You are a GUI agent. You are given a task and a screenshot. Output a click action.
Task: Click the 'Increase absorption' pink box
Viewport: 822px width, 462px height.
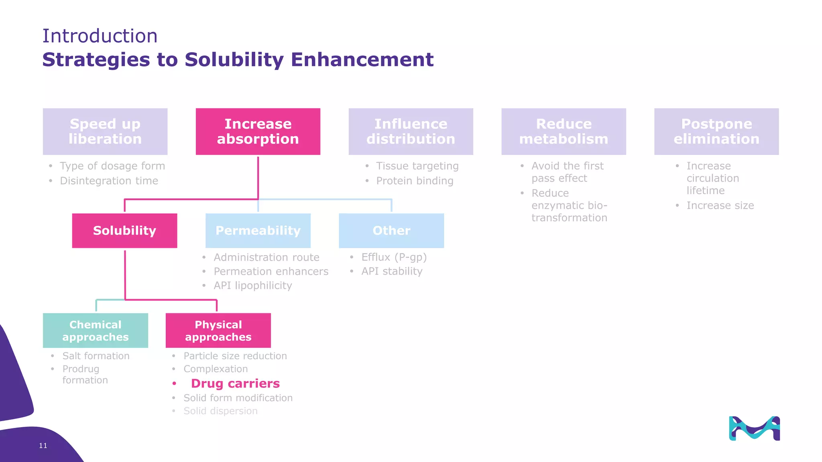(x=258, y=132)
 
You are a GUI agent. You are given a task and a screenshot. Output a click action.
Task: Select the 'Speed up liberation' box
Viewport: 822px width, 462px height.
(x=105, y=132)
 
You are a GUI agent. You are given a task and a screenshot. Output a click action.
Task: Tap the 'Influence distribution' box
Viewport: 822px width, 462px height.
(x=411, y=132)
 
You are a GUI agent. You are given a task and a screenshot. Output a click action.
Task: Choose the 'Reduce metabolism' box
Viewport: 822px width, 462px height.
(x=564, y=132)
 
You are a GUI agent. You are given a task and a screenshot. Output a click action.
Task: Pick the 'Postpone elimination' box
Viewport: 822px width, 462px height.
(x=716, y=132)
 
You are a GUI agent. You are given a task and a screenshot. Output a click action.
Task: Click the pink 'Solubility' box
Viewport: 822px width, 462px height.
(x=124, y=231)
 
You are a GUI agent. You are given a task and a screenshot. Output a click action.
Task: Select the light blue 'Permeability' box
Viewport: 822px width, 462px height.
(x=258, y=231)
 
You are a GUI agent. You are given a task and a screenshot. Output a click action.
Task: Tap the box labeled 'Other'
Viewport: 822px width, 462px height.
(x=391, y=231)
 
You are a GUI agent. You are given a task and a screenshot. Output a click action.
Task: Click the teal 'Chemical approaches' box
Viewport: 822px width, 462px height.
(x=96, y=330)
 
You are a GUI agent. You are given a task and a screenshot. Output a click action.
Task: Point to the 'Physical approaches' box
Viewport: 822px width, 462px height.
(x=218, y=330)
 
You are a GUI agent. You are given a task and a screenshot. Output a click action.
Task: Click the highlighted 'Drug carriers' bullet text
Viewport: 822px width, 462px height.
(x=235, y=383)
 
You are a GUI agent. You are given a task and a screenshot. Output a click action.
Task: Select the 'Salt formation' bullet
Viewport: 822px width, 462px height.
(x=96, y=356)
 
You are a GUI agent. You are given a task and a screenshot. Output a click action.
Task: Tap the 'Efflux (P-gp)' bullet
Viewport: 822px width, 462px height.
(x=394, y=257)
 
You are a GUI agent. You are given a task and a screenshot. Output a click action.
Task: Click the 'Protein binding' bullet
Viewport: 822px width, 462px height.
(x=415, y=181)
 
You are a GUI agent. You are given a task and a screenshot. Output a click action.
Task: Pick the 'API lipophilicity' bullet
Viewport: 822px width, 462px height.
(x=253, y=286)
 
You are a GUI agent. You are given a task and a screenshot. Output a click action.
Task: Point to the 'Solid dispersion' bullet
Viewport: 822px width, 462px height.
(x=220, y=411)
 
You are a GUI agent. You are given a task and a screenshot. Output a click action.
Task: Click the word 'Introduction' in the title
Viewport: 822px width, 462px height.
(x=100, y=36)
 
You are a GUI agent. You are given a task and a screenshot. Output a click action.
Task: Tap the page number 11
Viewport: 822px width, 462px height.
(x=43, y=446)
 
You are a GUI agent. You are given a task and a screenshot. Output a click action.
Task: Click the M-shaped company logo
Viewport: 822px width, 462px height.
(x=754, y=428)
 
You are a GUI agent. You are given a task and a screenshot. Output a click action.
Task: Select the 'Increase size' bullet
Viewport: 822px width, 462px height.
(x=720, y=206)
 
